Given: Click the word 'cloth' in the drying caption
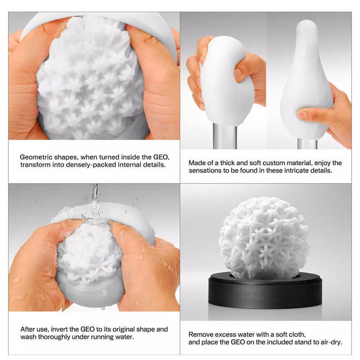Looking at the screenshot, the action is click(x=297, y=334).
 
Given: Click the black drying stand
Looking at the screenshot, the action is click(x=265, y=293).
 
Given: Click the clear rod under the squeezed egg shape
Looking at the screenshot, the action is click(x=225, y=136).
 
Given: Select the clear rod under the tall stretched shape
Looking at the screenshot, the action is click(x=307, y=144).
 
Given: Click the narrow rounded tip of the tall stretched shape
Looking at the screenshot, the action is click(x=306, y=24).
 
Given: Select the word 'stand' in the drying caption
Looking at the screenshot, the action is click(x=303, y=342).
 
